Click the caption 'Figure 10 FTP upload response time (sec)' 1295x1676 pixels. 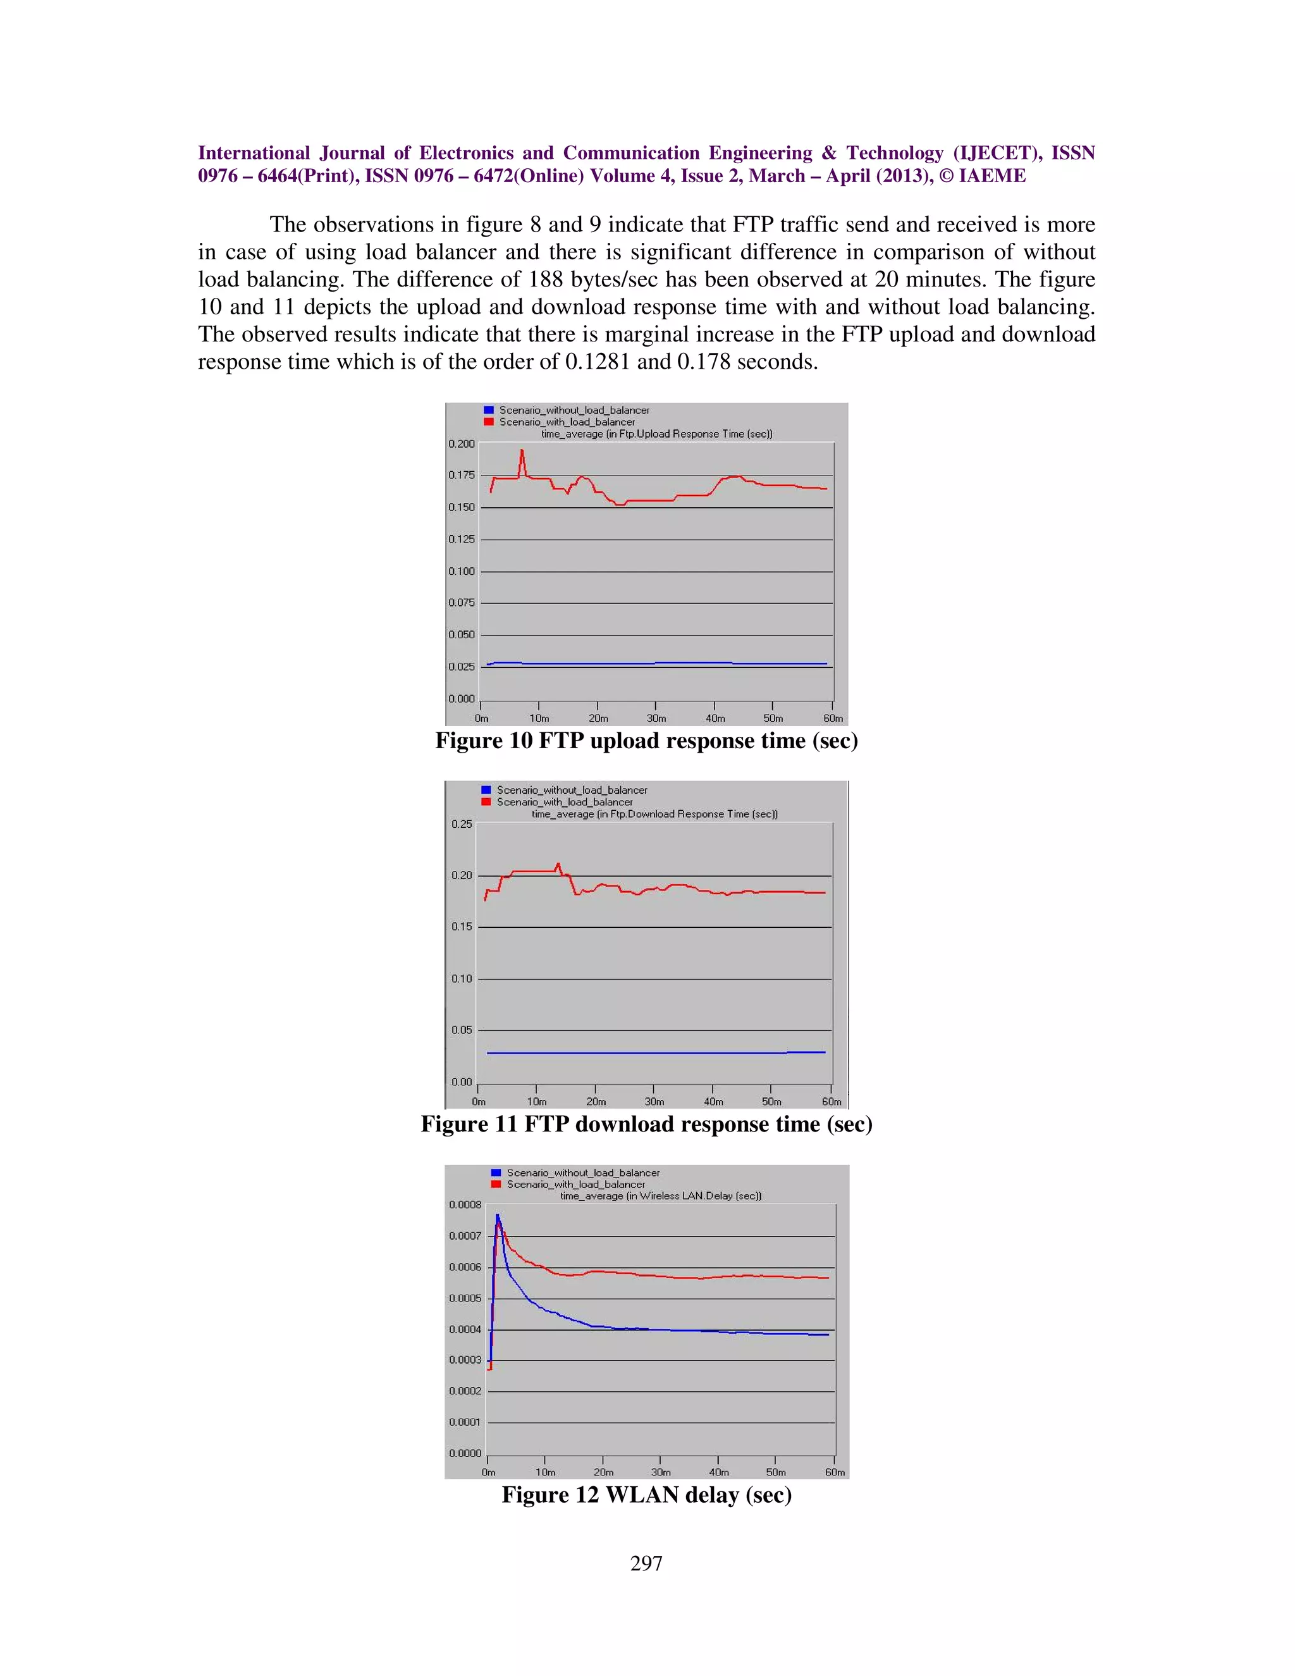[646, 741]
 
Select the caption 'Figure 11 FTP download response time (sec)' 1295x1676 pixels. [646, 1125]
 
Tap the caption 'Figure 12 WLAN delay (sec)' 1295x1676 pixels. [646, 1495]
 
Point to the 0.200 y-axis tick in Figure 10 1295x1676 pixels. [461, 443]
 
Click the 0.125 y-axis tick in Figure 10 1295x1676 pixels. [461, 539]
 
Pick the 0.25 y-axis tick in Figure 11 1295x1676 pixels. [461, 824]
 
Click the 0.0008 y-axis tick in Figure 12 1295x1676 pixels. [465, 1205]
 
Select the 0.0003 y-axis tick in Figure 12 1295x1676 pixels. [465, 1360]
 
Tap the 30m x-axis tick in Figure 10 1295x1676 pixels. [656, 718]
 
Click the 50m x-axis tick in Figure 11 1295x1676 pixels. [772, 1101]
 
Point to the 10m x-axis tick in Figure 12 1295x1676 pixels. [546, 1472]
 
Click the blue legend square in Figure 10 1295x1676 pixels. [489, 410]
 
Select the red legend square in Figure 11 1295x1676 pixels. [486, 802]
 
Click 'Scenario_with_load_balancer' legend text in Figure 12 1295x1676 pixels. [575, 1184]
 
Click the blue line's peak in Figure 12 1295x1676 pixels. [497, 1215]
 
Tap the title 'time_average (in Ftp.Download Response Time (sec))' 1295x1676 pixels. [654, 813]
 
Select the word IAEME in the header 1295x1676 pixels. [992, 176]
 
